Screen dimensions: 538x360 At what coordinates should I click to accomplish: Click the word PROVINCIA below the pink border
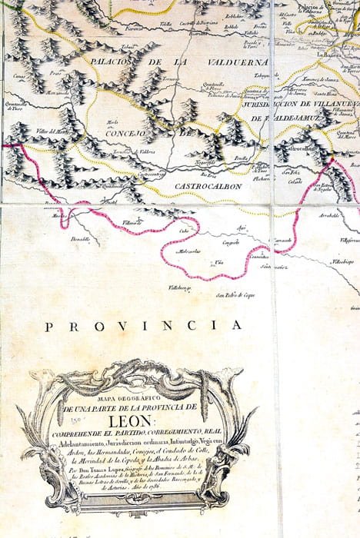142,325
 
